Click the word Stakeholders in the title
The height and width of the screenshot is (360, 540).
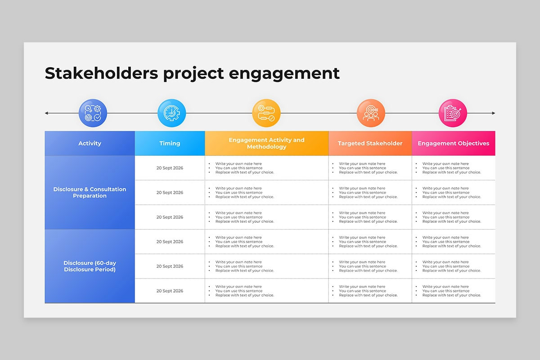[x=101, y=73]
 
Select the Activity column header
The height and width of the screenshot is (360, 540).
[x=90, y=144]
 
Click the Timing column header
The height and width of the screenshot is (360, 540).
[x=170, y=144]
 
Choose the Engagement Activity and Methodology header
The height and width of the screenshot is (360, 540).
[x=266, y=144]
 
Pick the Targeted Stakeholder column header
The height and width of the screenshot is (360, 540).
[x=370, y=144]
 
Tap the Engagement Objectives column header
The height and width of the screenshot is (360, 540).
[x=453, y=144]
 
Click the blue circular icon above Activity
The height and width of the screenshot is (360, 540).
[x=93, y=113]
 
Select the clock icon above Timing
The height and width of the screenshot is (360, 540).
[x=171, y=113]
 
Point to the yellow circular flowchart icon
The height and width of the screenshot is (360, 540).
[x=266, y=113]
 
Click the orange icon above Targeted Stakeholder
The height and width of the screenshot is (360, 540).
[x=371, y=113]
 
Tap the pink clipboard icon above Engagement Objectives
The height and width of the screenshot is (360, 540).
[x=453, y=113]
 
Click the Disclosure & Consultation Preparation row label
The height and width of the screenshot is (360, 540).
[x=90, y=193]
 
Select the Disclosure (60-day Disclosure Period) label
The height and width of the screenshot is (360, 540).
[x=90, y=266]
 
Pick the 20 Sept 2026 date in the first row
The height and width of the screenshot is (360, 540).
[x=170, y=168]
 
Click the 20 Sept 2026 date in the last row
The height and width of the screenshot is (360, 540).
[x=170, y=291]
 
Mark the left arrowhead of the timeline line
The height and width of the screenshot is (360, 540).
[x=46, y=113]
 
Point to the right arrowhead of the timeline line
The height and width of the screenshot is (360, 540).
[x=494, y=113]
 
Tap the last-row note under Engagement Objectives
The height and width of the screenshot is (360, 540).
[x=451, y=291]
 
